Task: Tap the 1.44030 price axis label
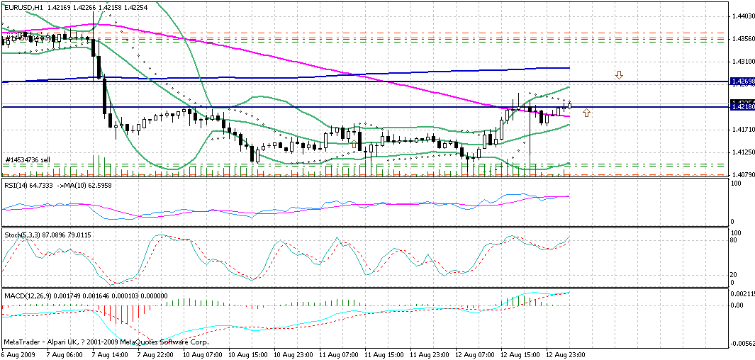pos(742,16)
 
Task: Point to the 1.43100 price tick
pos(742,62)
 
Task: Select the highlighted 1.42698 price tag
pos(742,82)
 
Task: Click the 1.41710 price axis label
pos(742,130)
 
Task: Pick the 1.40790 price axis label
pos(742,175)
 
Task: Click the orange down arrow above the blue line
pos(619,74)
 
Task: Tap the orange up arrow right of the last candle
pos(587,113)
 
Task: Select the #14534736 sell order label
pos(28,160)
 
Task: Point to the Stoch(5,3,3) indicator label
pos(22,235)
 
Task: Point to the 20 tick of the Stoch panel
pos(736,274)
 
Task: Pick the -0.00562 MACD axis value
pos(742,342)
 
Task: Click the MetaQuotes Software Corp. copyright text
pos(177,342)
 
